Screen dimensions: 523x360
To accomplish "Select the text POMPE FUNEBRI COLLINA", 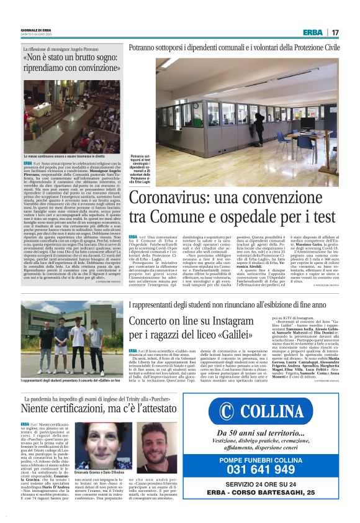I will (282, 459).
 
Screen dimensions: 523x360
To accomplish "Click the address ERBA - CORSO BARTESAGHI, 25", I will (282, 497).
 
